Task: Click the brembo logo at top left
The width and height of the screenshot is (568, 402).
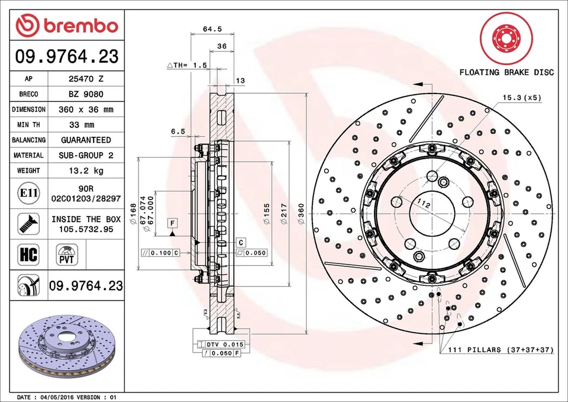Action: pyautogui.click(x=67, y=25)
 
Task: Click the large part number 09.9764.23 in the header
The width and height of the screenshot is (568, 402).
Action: pyautogui.click(x=66, y=57)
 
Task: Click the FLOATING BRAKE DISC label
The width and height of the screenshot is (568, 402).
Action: pyautogui.click(x=506, y=72)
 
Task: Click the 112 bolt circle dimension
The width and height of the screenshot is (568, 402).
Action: pyautogui.click(x=423, y=204)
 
